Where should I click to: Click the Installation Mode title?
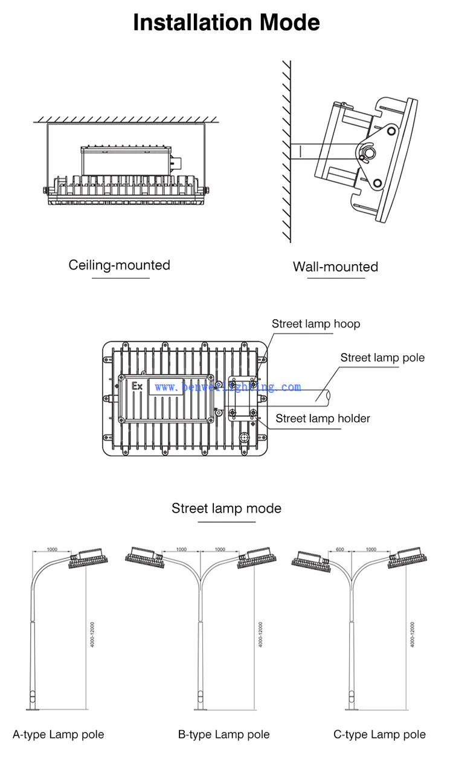click(226, 23)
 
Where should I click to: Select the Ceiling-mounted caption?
click(119, 265)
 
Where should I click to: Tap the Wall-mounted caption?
click(335, 267)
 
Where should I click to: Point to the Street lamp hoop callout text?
click(315, 324)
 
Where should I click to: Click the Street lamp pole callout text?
click(382, 358)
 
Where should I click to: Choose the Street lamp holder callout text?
click(323, 418)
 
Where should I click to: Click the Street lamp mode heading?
click(226, 508)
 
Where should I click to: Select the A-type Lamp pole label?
click(59, 734)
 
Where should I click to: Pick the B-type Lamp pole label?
click(223, 734)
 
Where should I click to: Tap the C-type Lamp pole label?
click(379, 734)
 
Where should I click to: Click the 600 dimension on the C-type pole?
click(339, 549)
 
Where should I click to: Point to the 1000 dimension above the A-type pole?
click(52, 549)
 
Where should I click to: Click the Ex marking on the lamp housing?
click(137, 386)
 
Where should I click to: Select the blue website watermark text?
click(227, 387)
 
